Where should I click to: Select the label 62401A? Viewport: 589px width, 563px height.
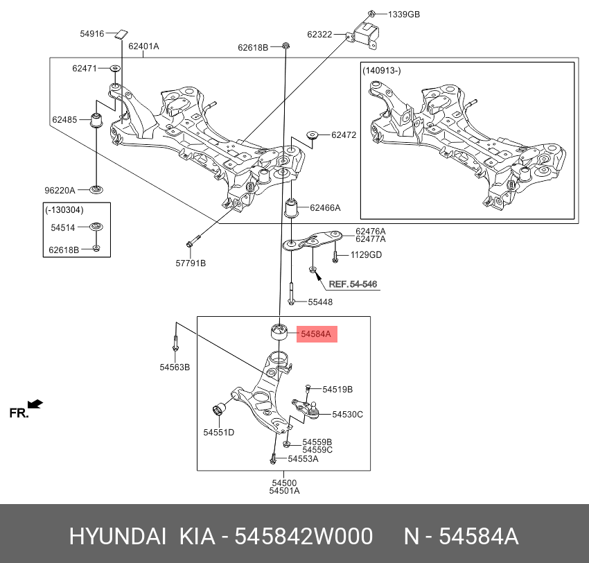pyautogui.click(x=142, y=46)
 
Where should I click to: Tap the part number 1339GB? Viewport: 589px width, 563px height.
pyautogui.click(x=403, y=14)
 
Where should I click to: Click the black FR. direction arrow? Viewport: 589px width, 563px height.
pyautogui.click(x=35, y=404)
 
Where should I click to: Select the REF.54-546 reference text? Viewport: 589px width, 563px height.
pyautogui.click(x=353, y=284)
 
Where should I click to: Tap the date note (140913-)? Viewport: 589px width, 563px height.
pyautogui.click(x=381, y=71)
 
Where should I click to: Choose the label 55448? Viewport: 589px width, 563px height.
pyautogui.click(x=320, y=302)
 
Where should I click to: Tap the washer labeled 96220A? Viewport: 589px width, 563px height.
pyautogui.click(x=98, y=189)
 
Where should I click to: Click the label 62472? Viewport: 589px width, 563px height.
pyautogui.click(x=343, y=135)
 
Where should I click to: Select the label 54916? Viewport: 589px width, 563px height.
pyautogui.click(x=91, y=33)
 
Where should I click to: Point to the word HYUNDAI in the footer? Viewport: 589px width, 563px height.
pyautogui.click(x=116, y=537)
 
